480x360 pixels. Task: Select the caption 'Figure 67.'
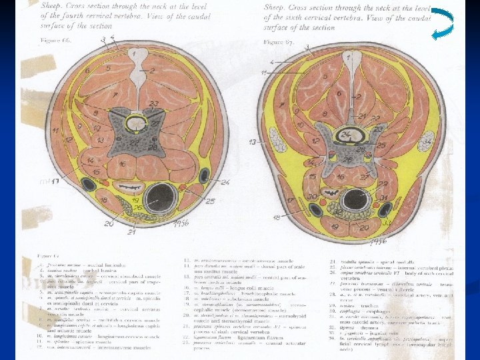(x=279, y=41)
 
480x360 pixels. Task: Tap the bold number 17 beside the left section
(x=55, y=181)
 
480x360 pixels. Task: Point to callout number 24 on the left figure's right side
(x=225, y=181)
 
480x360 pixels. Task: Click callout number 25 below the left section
(x=210, y=201)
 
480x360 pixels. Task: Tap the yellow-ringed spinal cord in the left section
(x=139, y=123)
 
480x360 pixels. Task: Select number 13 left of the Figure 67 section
(x=252, y=142)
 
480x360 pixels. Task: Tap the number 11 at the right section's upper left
(x=265, y=71)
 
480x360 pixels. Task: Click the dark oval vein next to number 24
(x=207, y=176)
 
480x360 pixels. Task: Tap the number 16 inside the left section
(x=123, y=164)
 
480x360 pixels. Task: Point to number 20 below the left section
(x=109, y=224)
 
